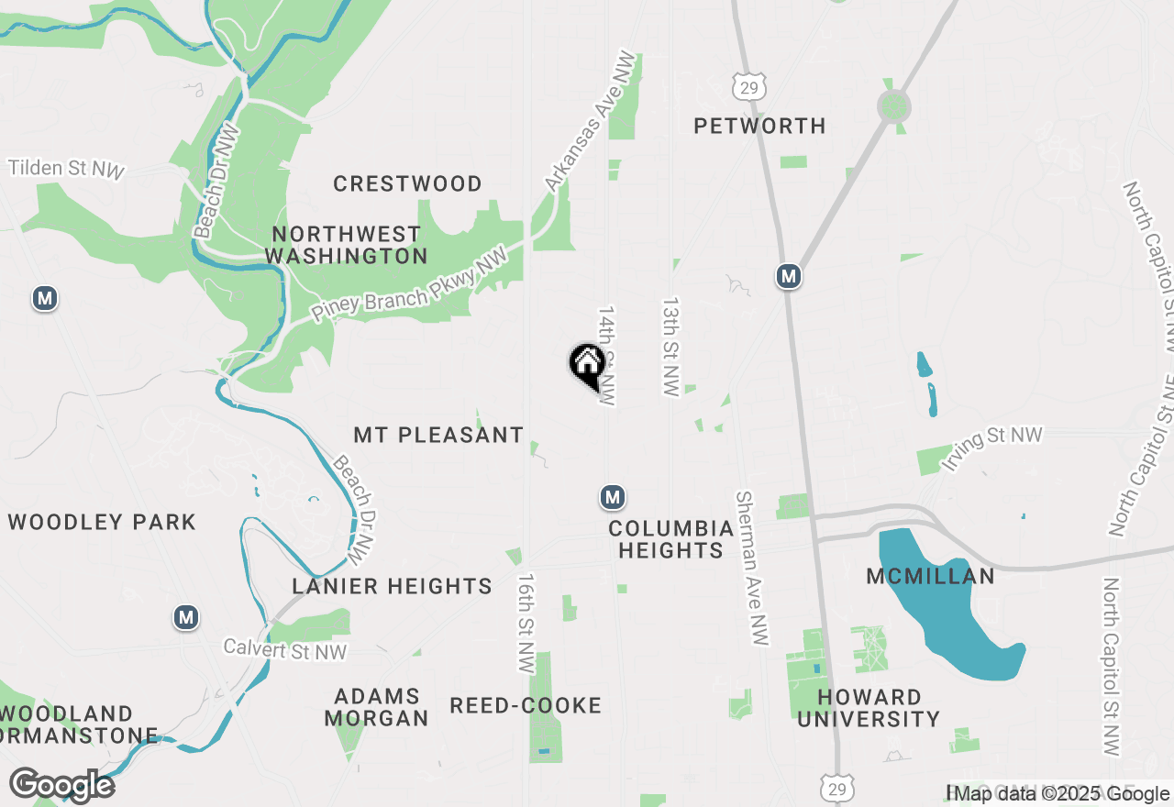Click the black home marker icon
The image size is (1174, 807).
587,364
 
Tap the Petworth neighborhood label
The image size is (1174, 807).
759,126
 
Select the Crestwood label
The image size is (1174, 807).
407,183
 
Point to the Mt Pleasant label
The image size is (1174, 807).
438,435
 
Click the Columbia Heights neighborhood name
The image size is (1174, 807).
671,539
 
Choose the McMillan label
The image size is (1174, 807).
931,576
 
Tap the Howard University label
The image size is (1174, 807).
869,708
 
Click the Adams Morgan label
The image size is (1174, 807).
376,707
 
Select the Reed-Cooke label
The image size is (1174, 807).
526,705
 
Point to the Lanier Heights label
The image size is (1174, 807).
392,586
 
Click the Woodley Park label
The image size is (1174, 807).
102,522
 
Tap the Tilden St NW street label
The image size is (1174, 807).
65,169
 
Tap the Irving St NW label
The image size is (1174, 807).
991,448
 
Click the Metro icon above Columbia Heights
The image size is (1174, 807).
613,497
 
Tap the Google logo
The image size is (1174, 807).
62,785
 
